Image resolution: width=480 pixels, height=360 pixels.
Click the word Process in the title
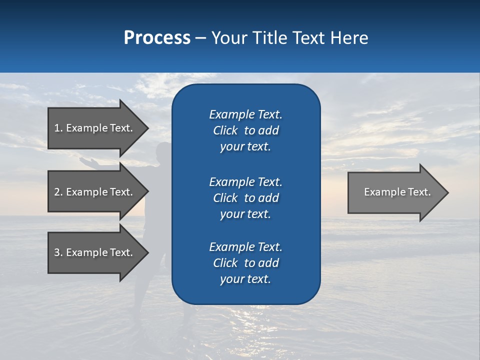157,38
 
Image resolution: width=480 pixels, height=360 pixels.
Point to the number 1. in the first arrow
58,128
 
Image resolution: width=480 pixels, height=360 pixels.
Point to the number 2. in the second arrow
58,192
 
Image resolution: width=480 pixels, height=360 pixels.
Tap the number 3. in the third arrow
58,252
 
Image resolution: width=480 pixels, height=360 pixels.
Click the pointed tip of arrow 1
146,128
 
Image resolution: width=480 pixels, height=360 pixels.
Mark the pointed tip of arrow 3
146,252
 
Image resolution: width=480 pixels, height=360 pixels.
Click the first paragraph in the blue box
245,130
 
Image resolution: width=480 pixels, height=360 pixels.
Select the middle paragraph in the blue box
245,198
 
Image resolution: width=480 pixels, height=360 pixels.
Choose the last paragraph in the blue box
245,263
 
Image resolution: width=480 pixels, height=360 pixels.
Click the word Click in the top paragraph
225,130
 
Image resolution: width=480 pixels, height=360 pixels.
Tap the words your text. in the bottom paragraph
245,279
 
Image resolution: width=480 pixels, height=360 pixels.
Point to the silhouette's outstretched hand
85,161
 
